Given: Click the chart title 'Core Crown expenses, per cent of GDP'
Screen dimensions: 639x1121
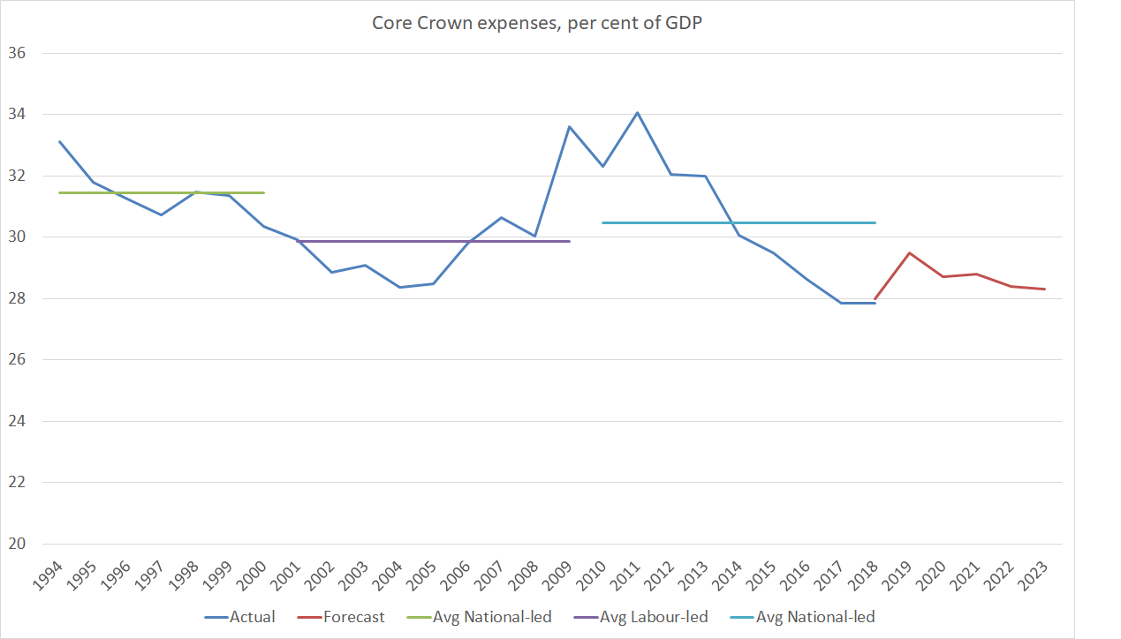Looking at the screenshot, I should pyautogui.click(x=537, y=23).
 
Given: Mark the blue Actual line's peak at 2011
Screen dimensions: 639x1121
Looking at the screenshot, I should pyautogui.click(x=637, y=112).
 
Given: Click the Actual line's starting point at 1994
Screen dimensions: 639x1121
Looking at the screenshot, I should pyautogui.click(x=60, y=141).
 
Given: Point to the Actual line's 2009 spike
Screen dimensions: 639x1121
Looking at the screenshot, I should pyautogui.click(x=569, y=126).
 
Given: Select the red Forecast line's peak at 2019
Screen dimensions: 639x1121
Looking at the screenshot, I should pyautogui.click(x=909, y=252).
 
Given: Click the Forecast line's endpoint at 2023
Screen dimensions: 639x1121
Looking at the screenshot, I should pyautogui.click(x=1045, y=289).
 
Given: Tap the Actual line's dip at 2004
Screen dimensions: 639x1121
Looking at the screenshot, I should pyautogui.click(x=399, y=287).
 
